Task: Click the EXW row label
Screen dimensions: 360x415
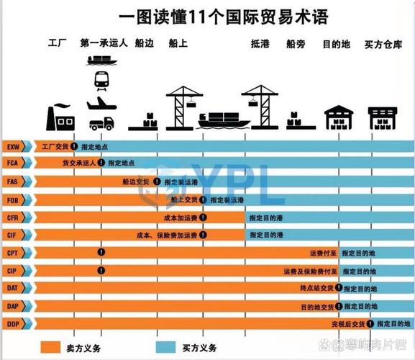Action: pos(13,146)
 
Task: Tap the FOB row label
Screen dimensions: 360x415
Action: pos(13,199)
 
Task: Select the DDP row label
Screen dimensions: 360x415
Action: pos(13,324)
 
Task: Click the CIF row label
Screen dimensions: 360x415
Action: pos(13,235)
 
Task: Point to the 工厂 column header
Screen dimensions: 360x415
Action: pos(57,43)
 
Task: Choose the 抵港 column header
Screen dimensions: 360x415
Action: pos(260,44)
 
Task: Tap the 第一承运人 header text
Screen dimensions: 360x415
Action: pos(104,43)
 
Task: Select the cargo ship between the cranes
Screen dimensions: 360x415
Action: pos(222,118)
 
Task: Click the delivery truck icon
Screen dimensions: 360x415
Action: pos(102,122)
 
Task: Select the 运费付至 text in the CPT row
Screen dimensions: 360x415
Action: pos(321,253)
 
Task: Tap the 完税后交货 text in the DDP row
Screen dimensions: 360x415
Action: pos(349,324)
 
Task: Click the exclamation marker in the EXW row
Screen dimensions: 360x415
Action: pos(74,146)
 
